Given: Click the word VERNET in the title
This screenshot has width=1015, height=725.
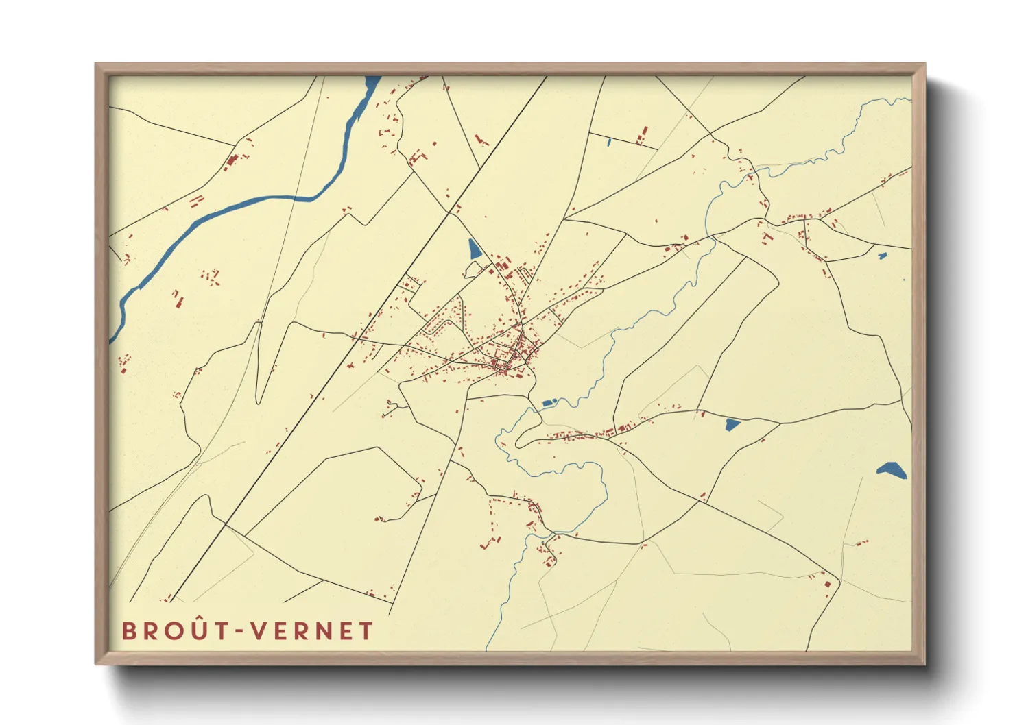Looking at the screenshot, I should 312,631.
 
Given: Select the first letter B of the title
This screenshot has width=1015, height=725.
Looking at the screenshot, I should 129,631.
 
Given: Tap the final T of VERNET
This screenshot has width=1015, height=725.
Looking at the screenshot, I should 366,631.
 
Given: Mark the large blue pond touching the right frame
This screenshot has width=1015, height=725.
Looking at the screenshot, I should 891,470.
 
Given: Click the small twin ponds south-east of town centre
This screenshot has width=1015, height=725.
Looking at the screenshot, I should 549,403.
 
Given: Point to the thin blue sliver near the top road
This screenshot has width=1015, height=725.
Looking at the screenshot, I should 608,143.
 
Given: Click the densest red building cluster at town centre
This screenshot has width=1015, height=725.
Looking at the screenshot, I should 511,356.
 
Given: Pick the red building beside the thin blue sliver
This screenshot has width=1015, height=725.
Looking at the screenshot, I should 643,134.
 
